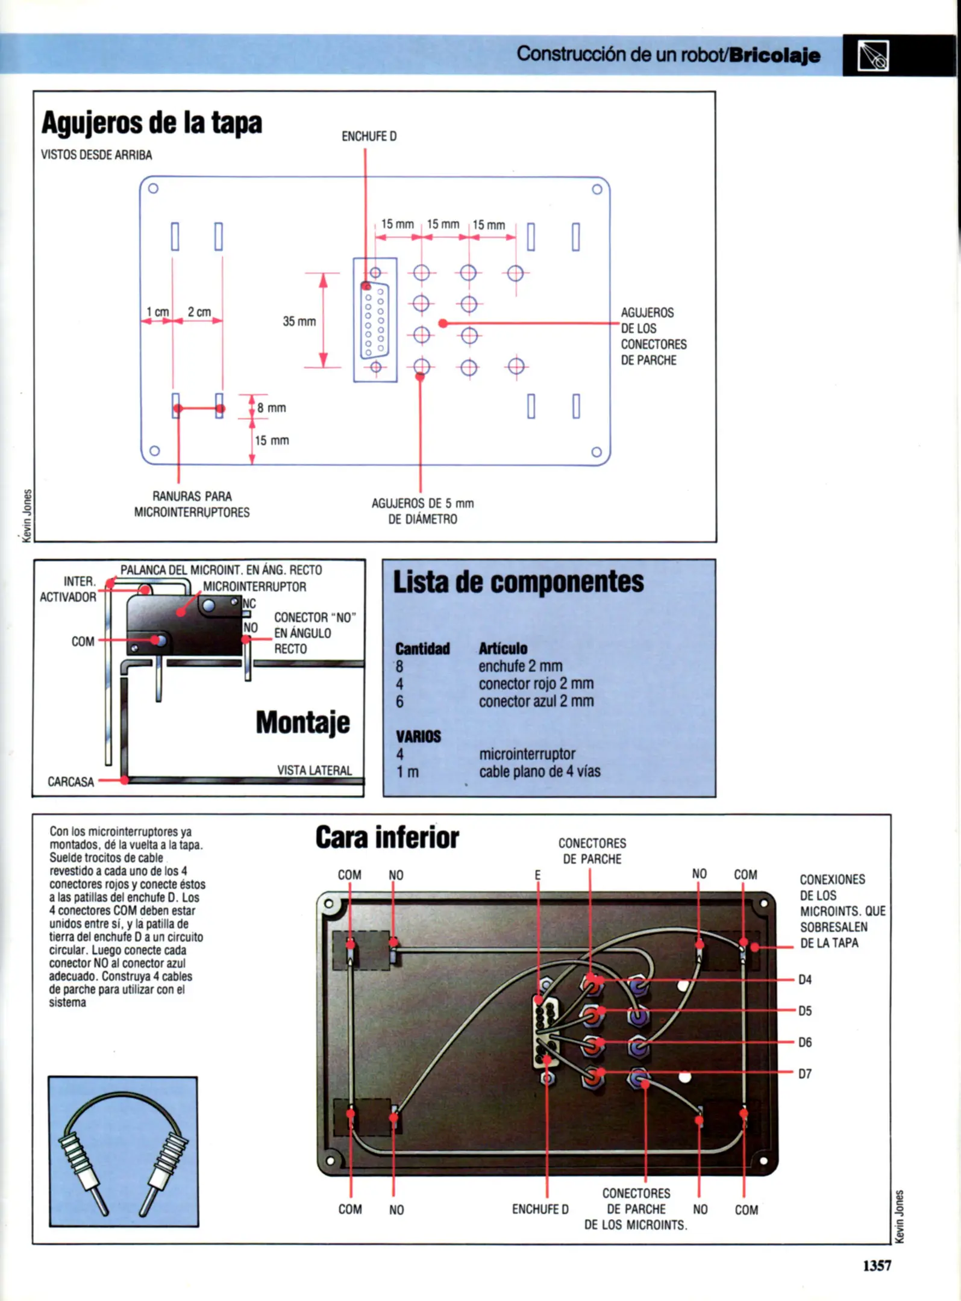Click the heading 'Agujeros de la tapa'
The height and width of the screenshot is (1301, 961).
coord(152,123)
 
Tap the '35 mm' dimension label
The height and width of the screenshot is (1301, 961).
coord(299,322)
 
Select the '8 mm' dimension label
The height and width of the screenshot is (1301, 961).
coord(271,408)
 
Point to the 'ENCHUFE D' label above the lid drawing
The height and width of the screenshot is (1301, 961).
coord(369,137)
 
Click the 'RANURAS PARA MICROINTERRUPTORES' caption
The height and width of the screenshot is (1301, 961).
coord(192,504)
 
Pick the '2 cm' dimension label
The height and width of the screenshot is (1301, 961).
coord(199,312)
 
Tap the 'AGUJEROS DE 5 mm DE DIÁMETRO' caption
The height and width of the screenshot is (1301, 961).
coord(422,511)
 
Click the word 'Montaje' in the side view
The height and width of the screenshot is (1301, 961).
coord(302,722)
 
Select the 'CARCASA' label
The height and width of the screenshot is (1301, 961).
coord(70,782)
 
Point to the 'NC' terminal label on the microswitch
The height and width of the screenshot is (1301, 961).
coord(249,604)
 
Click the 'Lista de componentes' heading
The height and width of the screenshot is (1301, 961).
coord(518,582)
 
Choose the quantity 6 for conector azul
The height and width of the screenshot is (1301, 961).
coord(399,702)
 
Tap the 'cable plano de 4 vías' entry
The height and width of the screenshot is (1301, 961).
coord(539,772)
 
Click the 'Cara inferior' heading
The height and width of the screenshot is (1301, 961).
coord(387,838)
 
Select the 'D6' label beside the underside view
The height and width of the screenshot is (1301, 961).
coord(805,1043)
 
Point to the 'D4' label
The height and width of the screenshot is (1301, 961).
coord(805,980)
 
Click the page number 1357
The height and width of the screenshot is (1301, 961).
coord(877,1265)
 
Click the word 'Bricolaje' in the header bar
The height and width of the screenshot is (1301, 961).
coord(774,55)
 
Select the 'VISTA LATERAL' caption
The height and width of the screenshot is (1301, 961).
coord(314,770)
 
